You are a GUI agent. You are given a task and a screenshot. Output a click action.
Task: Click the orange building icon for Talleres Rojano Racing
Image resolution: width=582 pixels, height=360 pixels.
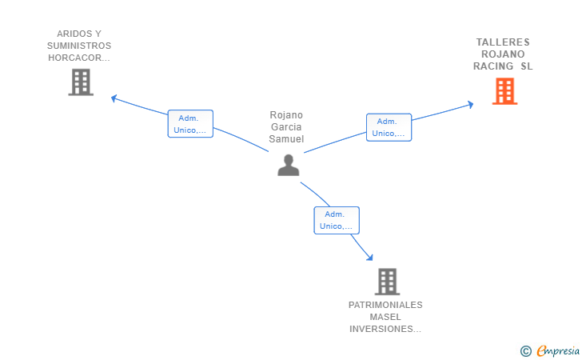coord(504,91)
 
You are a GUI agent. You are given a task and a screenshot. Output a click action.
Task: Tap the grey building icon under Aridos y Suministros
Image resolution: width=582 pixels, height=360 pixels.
coord(81,82)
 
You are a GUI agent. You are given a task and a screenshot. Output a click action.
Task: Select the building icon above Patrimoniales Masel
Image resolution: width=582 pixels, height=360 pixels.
coord(387,282)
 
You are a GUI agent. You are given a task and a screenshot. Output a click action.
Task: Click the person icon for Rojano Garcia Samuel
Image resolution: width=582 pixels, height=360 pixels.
coord(289,165)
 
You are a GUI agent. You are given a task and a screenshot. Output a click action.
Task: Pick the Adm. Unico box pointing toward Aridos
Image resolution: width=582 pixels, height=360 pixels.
coord(190,124)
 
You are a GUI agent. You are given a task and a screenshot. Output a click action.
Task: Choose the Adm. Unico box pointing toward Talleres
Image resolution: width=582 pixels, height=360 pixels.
coord(389,127)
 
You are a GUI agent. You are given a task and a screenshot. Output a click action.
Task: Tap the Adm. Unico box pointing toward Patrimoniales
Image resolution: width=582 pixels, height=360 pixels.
coord(337,220)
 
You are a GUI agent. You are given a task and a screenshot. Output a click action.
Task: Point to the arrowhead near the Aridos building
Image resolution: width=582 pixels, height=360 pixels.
coord(114,98)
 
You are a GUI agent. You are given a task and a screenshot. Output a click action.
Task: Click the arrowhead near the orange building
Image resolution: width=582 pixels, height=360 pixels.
coord(471,104)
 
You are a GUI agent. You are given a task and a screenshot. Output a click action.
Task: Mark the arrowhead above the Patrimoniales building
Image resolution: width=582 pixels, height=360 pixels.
coord(369,257)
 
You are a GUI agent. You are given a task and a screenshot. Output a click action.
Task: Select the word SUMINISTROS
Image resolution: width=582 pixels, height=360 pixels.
coord(79,46)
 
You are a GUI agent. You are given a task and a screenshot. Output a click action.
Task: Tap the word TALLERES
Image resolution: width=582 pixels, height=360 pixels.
coord(503,42)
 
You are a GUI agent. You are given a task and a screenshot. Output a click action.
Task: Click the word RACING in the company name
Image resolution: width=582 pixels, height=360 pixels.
coord(493,66)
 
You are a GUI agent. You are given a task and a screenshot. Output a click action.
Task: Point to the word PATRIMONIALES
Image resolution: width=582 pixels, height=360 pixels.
coord(385,305)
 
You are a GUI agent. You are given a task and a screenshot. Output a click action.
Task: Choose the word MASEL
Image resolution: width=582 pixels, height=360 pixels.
coord(385,317)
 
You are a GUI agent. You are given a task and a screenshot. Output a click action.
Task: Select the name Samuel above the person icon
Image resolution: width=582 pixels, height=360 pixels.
coord(286,139)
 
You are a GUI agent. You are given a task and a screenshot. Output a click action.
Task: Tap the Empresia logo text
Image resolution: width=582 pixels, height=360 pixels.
coord(558,350)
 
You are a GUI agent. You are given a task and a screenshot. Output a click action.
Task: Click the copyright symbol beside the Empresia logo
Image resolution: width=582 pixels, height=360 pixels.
coord(526,351)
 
